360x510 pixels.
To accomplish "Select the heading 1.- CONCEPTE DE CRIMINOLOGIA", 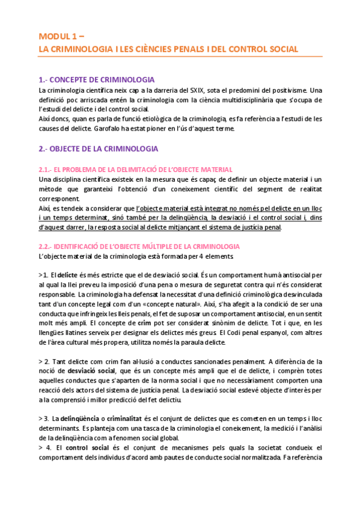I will pyautogui.click(x=96, y=79).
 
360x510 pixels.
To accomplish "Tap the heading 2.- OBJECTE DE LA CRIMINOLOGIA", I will pyautogui.click(x=98, y=149).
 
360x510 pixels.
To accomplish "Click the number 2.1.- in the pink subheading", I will pyautogui.click(x=47, y=170).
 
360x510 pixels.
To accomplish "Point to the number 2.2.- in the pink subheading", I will pyautogui.click(x=47, y=247).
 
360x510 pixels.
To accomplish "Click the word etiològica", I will pyautogui.click(x=150, y=118).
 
